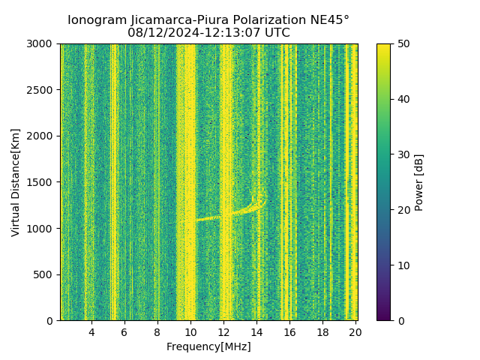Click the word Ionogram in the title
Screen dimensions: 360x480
coord(96,20)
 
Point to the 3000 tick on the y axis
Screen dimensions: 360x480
coord(41,44)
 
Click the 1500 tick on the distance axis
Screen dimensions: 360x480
coord(41,182)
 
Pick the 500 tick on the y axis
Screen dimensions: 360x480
coord(44,274)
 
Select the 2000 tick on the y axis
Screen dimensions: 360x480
coord(41,136)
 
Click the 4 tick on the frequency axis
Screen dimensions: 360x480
coord(91,332)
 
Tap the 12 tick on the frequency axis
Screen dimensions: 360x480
coord(223,332)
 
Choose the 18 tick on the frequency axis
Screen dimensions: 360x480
coord(322,332)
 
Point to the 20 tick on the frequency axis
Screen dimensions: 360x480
coord(355,332)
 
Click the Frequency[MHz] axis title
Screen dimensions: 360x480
coord(208,346)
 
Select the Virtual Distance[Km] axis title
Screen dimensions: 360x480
coord(16,182)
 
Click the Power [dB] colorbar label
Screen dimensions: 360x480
coord(419,182)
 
